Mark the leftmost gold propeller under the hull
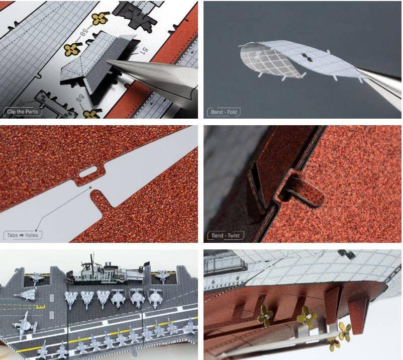(265, 317)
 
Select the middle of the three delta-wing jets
(88, 299)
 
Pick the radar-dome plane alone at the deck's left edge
(23, 324)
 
